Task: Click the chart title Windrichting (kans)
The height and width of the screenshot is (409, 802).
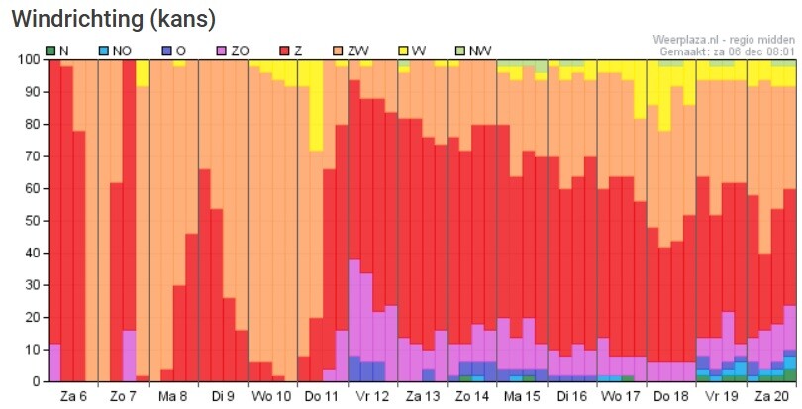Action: click(113, 19)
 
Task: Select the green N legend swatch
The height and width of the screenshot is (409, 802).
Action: click(50, 50)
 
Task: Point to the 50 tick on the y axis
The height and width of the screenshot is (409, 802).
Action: click(32, 221)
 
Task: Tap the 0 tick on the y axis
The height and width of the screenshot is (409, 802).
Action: click(36, 382)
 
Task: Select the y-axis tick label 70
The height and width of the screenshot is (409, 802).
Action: click(32, 156)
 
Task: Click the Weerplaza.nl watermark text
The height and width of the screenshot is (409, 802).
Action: click(725, 39)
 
